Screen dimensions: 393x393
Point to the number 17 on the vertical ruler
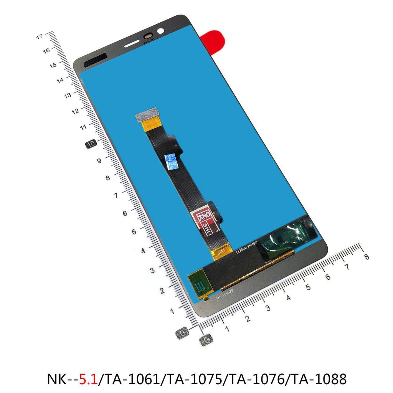tap(39, 37)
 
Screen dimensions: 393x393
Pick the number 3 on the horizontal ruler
tap(268, 308)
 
